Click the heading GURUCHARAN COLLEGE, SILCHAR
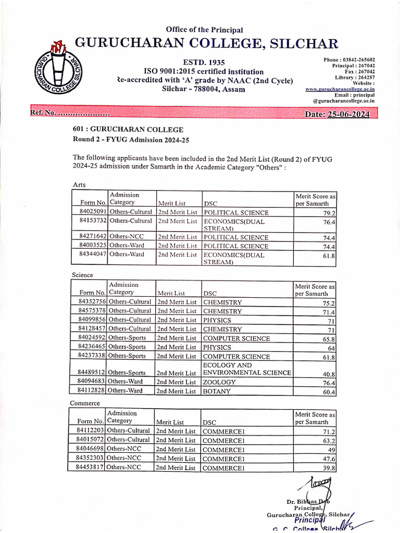pos(207,43)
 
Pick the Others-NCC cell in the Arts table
pos(126,237)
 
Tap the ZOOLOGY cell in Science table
pos(219,382)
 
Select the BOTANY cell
pos(217,391)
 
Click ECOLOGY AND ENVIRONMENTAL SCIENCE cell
pos(246,369)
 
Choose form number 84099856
pos(92,320)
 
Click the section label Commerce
pos(84,403)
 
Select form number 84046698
pos(91,449)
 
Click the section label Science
pos(82,274)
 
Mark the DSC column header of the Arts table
pos(210,202)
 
